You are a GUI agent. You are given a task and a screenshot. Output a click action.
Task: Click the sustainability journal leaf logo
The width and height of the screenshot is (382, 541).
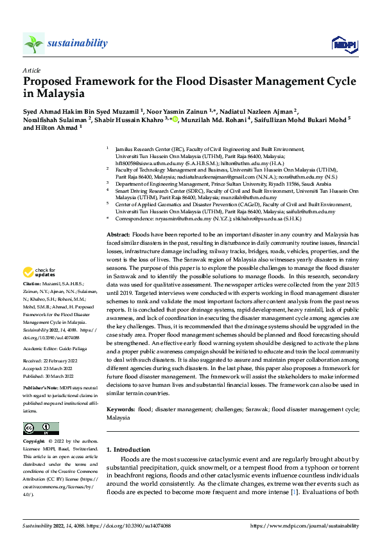click(33, 43)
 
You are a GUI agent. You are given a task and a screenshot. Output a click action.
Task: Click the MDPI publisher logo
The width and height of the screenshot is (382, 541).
click(343, 43)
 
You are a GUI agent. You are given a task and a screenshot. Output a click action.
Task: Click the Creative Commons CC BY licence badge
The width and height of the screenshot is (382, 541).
click(40, 429)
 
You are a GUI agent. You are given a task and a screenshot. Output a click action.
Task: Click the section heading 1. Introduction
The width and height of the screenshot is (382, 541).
click(128, 450)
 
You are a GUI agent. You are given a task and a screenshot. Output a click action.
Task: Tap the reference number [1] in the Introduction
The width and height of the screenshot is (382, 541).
click(294, 491)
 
